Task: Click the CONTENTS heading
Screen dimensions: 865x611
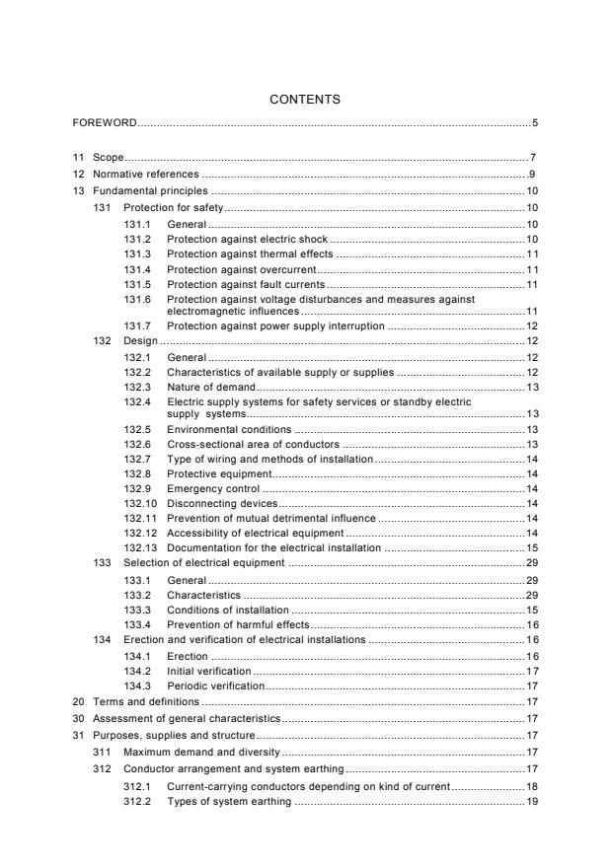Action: (305, 100)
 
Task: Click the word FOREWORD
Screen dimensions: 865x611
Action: (105, 123)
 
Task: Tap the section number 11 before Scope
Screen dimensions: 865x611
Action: (78, 158)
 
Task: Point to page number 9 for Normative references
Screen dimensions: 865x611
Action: (533, 174)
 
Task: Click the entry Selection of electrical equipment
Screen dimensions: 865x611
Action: (203, 562)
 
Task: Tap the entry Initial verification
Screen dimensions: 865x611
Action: (209, 671)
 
